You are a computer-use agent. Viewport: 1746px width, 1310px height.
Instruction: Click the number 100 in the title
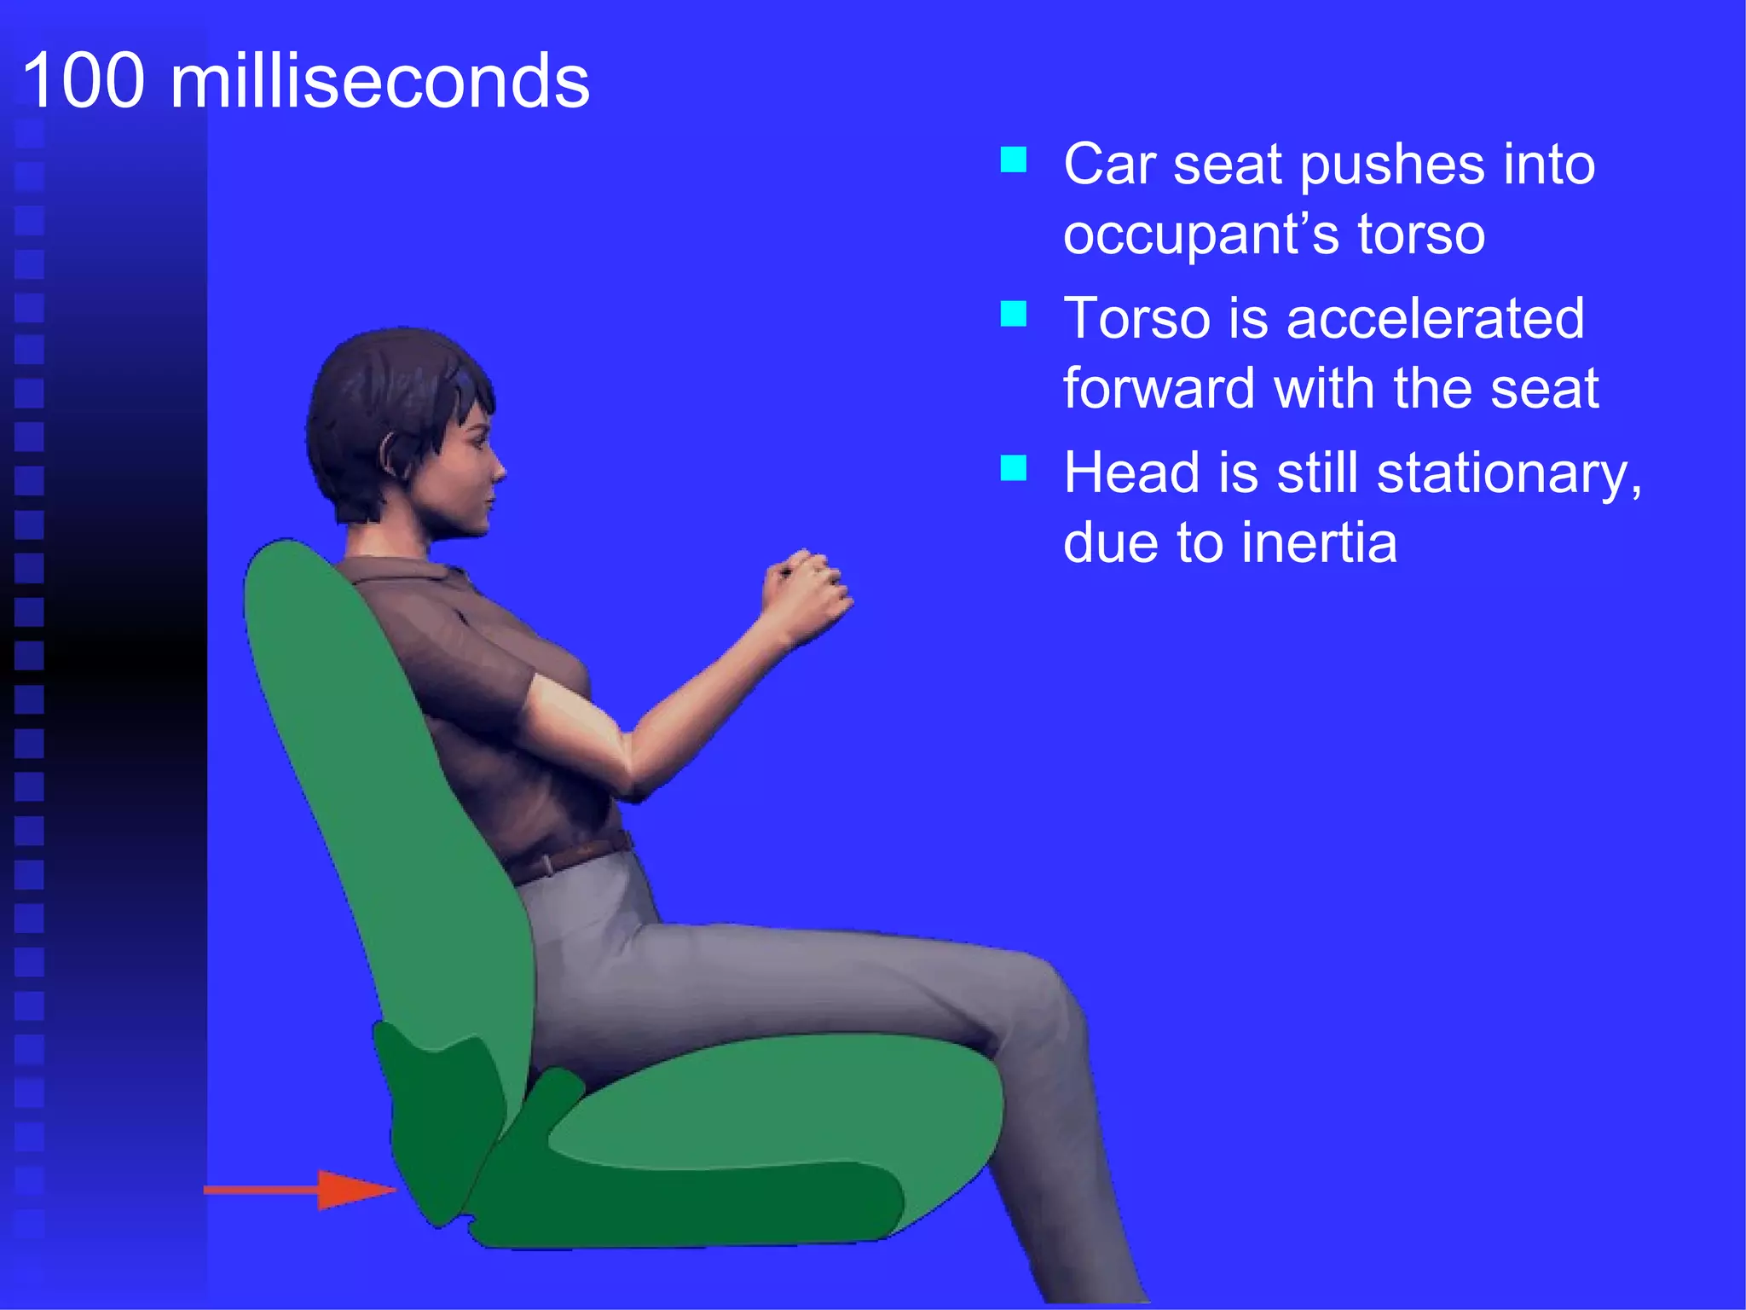pos(84,81)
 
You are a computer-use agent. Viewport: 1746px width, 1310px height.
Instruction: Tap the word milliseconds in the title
pos(379,81)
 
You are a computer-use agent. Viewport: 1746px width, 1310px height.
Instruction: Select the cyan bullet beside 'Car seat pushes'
pos(1013,159)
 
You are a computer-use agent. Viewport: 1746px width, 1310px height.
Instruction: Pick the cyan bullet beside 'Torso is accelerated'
pos(1013,314)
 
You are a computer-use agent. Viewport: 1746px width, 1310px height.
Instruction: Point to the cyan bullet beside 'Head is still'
pos(1013,468)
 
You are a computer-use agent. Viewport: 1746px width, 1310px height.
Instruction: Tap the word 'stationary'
pos(1509,473)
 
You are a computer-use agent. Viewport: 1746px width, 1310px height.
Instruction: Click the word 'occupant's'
pos(1202,235)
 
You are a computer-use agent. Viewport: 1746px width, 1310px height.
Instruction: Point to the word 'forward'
pos(1159,388)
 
